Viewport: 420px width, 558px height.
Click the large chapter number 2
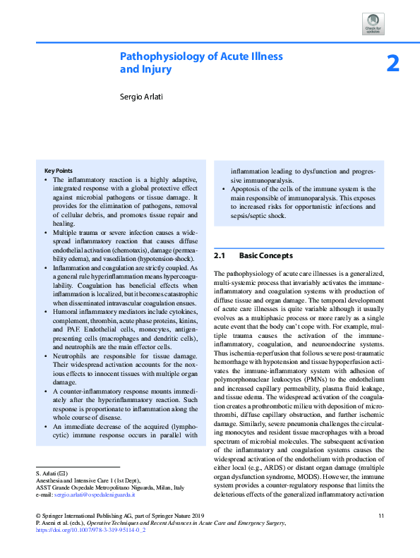click(x=392, y=64)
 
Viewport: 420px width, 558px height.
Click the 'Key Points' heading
click(x=58, y=171)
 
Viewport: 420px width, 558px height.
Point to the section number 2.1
click(x=219, y=255)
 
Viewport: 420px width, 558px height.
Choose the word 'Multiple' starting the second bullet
click(x=68, y=231)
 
